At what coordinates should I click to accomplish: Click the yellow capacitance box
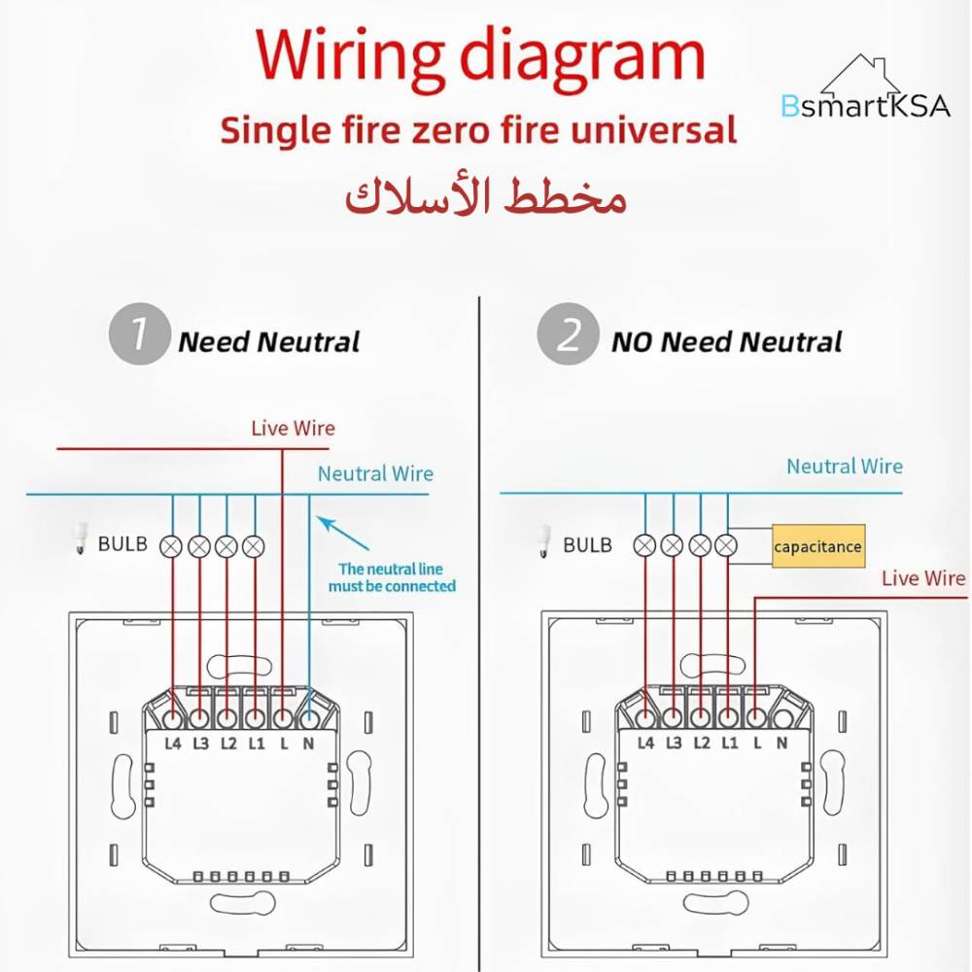[817, 546]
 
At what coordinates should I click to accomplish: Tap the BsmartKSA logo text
[865, 106]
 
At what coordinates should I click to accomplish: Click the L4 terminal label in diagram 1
[173, 745]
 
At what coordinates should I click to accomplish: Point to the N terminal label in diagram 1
[309, 745]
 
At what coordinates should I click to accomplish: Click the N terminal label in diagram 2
[781, 745]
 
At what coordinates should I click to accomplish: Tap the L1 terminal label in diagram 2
[728, 745]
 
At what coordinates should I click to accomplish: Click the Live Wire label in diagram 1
[293, 428]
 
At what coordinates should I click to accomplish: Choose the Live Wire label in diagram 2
[923, 578]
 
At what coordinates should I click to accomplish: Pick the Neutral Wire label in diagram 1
[375, 474]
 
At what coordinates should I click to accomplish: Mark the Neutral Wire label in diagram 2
[844, 467]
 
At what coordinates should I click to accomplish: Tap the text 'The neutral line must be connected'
[392, 577]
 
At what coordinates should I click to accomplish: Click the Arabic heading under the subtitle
[486, 197]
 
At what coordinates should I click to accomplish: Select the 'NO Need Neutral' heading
[726, 342]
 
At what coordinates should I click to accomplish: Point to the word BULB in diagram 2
[587, 545]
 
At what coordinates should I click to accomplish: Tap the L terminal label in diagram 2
[756, 745]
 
